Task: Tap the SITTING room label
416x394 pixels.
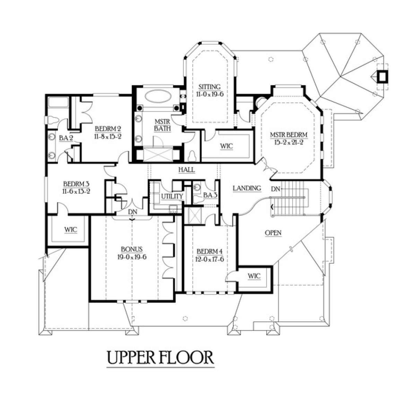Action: point(209,87)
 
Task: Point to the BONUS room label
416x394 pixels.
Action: point(132,249)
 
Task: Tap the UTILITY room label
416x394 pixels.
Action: point(172,196)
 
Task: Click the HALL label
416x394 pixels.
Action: point(187,170)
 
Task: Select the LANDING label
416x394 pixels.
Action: point(247,188)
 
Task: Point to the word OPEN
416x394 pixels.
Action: point(273,233)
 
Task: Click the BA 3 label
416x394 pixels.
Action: point(210,195)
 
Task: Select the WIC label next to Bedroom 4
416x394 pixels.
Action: point(254,276)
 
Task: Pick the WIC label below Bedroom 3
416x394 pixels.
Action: point(70,230)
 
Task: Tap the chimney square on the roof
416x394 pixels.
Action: point(382,76)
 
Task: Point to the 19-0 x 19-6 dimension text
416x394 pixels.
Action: point(132,257)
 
